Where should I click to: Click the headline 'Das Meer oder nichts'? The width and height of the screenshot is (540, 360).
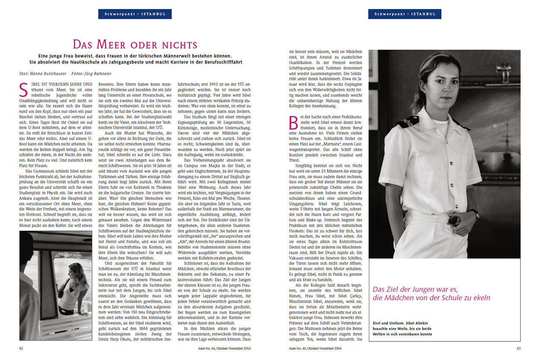pos(135,44)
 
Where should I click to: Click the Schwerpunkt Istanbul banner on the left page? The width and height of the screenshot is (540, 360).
pos(135,14)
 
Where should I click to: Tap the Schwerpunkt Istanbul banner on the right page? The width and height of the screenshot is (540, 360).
pos(404,14)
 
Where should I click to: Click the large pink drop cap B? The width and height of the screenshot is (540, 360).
pos(292,123)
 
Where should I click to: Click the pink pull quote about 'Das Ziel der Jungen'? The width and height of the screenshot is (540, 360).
pos(431,293)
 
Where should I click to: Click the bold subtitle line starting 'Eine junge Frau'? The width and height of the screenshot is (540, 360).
pos(135,56)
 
